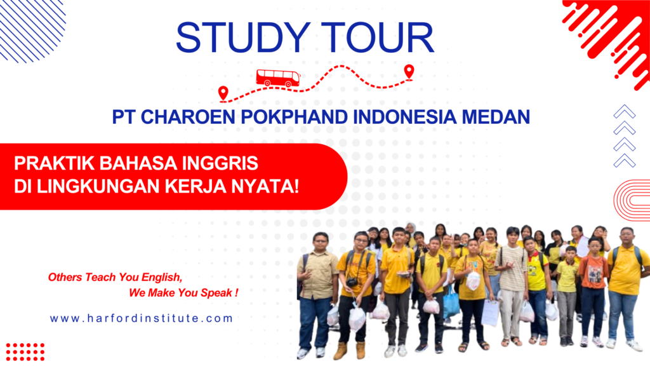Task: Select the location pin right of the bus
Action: coord(409,71)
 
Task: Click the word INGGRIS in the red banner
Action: coord(220,163)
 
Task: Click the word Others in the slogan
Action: coord(63,278)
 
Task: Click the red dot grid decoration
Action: coord(25,351)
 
